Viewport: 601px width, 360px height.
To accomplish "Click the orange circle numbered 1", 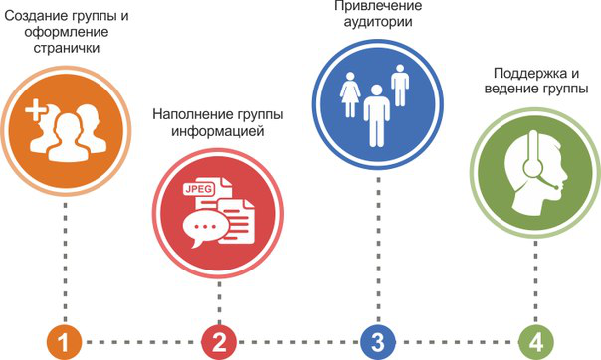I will point(63,341).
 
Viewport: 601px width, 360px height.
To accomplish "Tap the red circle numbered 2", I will point(219,341).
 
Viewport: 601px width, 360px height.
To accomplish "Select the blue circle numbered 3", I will point(377,341).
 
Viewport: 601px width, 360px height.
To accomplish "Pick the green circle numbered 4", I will point(535,341).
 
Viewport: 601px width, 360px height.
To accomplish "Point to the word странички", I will point(66,47).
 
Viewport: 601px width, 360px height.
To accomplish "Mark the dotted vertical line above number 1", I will point(64,259).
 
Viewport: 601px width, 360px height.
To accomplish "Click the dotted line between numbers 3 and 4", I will point(456,341).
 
